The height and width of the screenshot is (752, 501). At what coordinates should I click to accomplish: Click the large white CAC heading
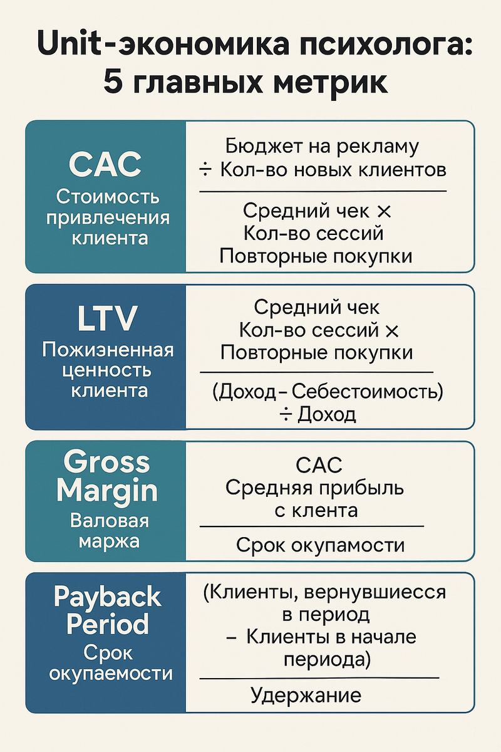click(x=105, y=164)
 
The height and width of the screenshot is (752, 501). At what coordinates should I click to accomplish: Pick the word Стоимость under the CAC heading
click(x=108, y=197)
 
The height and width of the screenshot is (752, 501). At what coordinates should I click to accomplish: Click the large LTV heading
click(x=106, y=318)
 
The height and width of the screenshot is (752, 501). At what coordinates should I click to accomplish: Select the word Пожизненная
click(x=108, y=350)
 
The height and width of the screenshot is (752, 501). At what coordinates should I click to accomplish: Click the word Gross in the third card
click(x=107, y=462)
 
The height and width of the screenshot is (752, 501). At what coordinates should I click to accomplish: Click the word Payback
click(x=107, y=597)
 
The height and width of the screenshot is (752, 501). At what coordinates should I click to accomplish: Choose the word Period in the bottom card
click(x=107, y=624)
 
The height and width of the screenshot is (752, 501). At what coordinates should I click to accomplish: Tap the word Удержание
click(x=306, y=696)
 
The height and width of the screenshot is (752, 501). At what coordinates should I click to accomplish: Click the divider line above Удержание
click(x=319, y=678)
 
